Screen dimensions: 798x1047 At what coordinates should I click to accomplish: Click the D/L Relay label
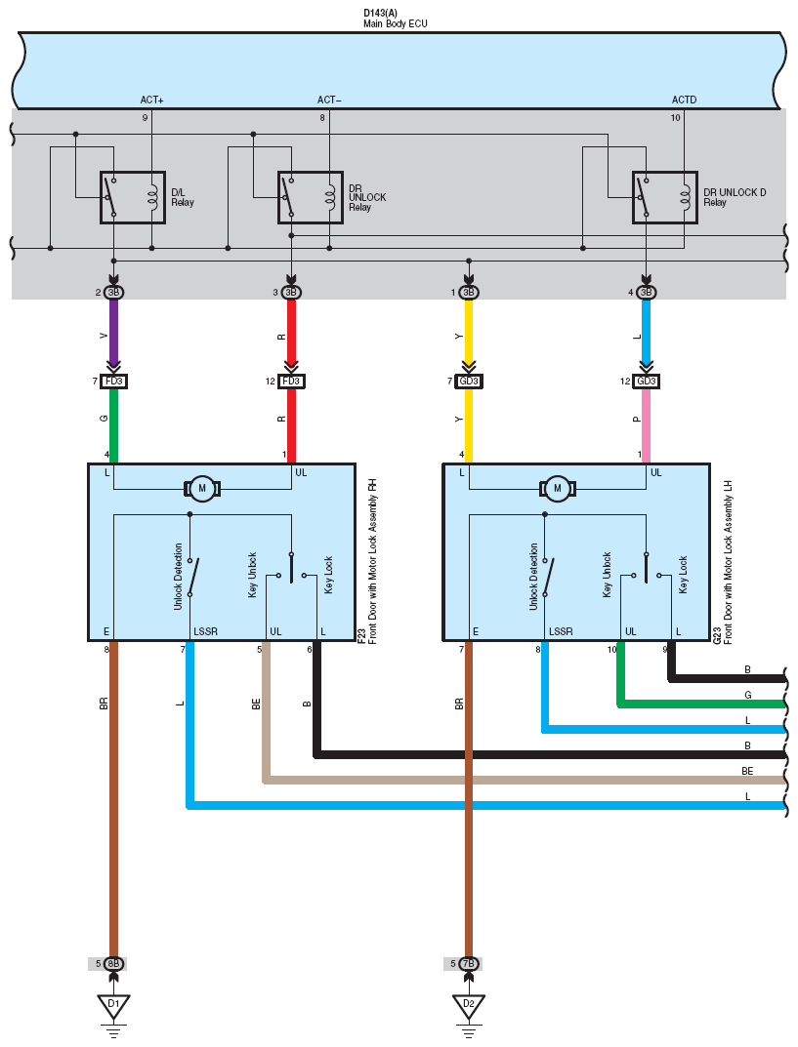click(183, 197)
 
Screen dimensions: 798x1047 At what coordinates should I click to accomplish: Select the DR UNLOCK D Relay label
click(735, 197)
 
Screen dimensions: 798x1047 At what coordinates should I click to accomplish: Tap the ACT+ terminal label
click(151, 100)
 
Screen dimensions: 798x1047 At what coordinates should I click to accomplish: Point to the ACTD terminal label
click(684, 100)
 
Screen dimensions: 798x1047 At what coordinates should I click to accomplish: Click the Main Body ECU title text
click(395, 23)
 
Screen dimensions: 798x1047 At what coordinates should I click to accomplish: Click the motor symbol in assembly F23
click(202, 488)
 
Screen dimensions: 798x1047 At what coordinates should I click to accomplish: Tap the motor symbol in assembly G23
click(557, 488)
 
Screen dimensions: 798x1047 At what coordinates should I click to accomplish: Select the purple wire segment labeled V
click(113, 332)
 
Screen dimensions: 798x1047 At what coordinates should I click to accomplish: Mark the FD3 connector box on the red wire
click(291, 382)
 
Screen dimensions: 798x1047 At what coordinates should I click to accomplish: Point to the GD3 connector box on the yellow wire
click(469, 382)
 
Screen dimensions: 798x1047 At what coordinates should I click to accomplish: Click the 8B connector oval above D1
click(113, 963)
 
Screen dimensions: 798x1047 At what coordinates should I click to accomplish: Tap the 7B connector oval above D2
click(469, 963)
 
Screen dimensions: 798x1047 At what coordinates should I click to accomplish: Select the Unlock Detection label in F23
click(178, 577)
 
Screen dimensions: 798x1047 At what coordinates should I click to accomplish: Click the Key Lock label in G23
click(683, 575)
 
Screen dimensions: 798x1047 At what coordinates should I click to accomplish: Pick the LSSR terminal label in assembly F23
click(205, 631)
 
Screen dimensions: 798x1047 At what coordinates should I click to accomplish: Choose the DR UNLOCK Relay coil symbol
click(331, 197)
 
